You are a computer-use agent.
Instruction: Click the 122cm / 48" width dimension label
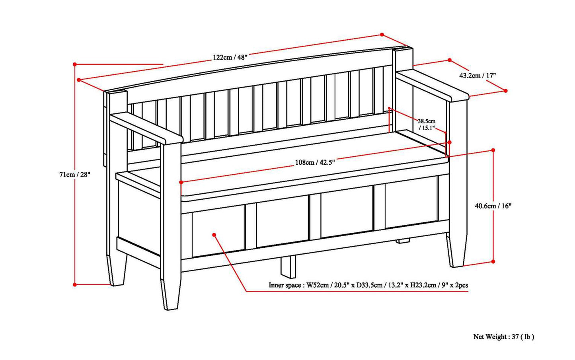pos(230,57)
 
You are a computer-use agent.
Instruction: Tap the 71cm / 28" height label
pos(75,175)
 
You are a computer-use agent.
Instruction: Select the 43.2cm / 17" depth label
pos(478,76)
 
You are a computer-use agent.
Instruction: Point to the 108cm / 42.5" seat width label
pos(315,162)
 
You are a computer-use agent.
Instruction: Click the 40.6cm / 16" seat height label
pos(493,206)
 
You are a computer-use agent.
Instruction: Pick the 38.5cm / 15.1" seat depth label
pos(427,124)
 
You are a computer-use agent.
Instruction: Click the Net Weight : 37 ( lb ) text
pos(504,337)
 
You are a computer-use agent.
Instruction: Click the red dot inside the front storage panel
pos(214,235)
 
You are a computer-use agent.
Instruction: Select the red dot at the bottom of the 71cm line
pos(75,284)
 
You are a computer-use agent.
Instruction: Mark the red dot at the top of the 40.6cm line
pos(493,150)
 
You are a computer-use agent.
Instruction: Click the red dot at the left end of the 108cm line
pos(181,182)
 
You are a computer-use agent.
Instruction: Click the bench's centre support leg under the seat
pos(288,267)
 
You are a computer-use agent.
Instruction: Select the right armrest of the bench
pos(433,85)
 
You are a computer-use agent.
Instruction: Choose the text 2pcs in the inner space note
pos(461,285)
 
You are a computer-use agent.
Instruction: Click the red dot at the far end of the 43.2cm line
pos(506,91)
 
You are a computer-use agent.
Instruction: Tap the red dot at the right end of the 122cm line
pos(382,35)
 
